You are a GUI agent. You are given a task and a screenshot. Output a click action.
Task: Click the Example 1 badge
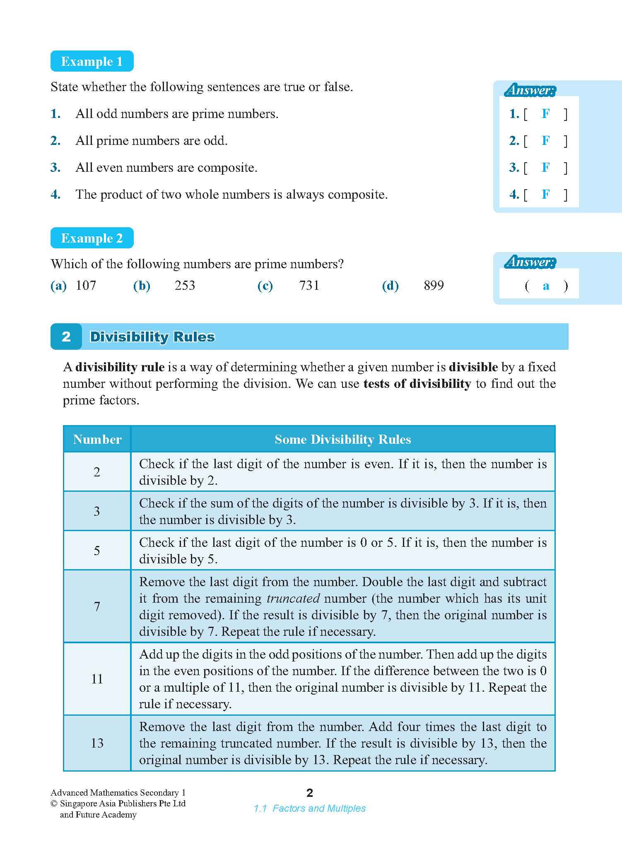92,61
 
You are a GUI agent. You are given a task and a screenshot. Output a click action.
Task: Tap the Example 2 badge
92,238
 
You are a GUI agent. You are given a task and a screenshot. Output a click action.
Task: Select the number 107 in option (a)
86,285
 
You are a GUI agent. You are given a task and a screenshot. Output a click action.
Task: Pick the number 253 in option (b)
185,285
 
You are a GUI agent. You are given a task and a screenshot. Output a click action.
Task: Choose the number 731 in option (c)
309,285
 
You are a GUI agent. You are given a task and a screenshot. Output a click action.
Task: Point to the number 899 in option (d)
434,285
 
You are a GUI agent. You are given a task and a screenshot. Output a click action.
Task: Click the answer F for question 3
546,168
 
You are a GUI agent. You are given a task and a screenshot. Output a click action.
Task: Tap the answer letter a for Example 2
546,286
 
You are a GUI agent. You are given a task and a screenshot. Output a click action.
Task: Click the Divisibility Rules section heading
152,337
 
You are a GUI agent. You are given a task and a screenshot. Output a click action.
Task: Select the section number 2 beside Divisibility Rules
66,337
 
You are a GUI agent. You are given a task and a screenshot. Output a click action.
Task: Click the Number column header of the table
97,439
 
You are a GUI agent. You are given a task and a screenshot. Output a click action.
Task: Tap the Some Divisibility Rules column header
342,439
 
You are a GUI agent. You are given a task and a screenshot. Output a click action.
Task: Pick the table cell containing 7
97,606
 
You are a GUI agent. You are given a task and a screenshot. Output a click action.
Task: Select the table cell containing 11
97,679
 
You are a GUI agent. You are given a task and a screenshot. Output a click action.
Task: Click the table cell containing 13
97,743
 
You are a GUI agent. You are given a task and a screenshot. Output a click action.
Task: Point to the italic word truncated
293,599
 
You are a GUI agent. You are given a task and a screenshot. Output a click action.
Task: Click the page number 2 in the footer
310,793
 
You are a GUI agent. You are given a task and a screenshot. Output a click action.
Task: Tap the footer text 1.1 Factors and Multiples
310,808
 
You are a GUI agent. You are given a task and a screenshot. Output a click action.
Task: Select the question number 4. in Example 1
56,195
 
